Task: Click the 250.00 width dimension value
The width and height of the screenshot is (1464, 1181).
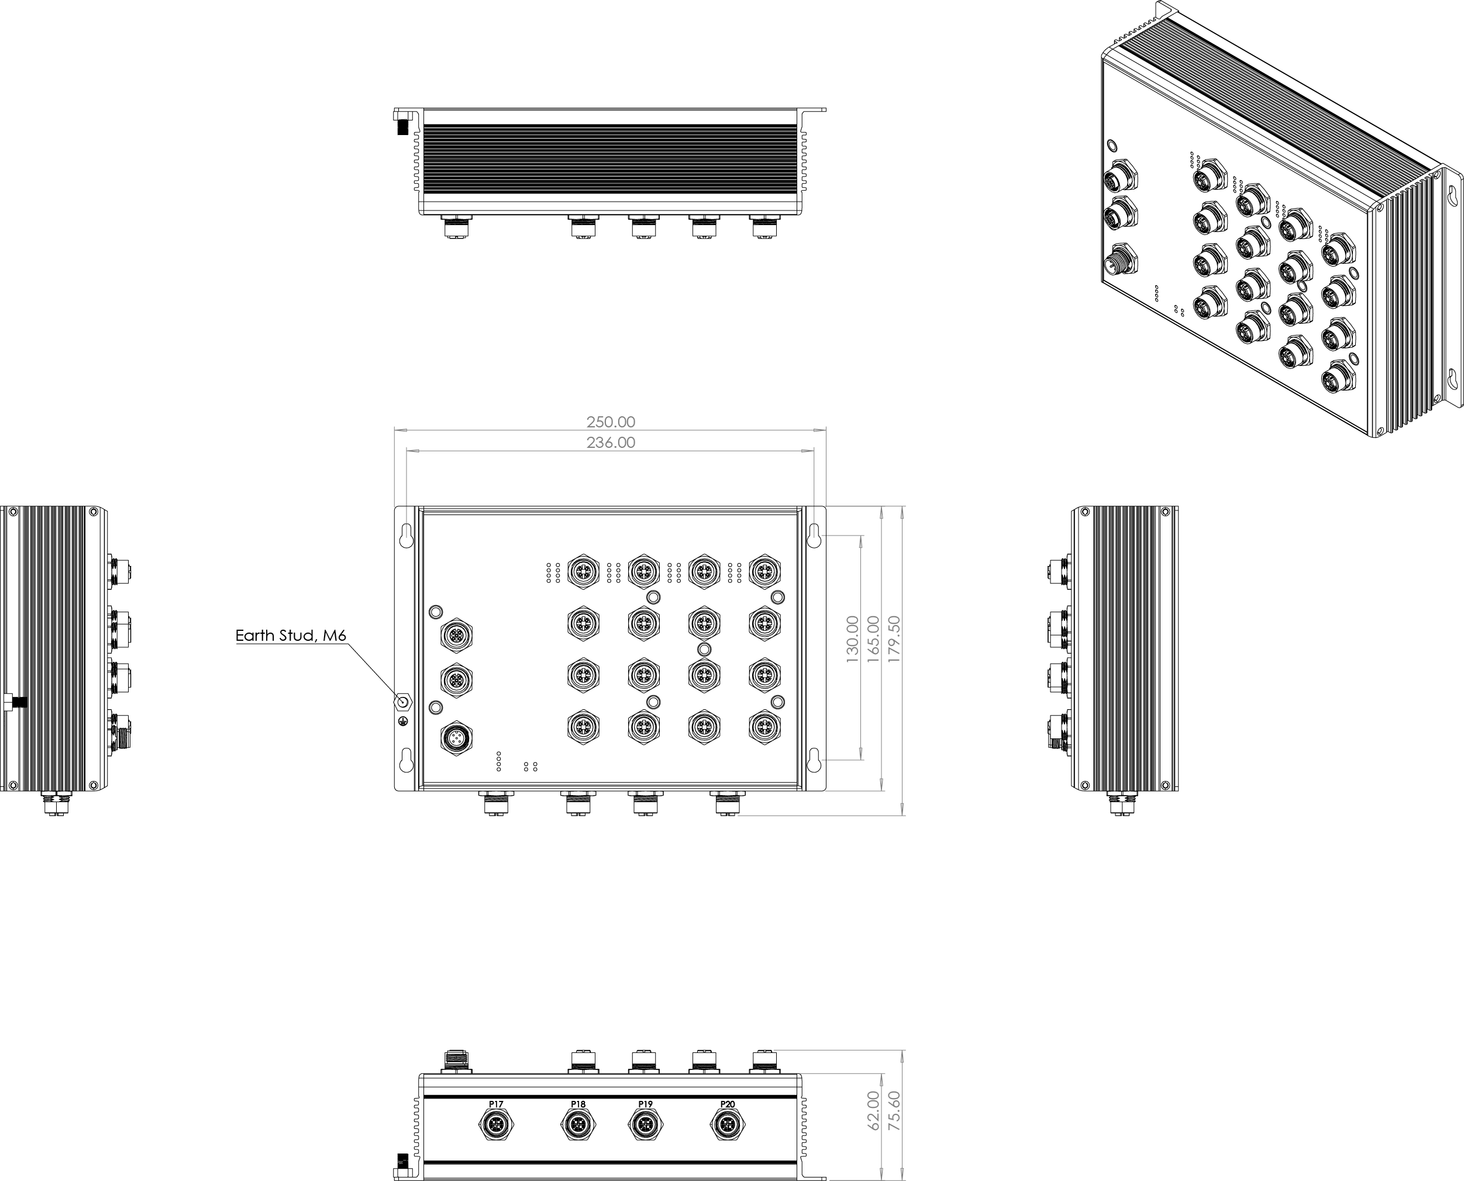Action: (611, 422)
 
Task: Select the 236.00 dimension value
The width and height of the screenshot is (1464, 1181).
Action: (611, 442)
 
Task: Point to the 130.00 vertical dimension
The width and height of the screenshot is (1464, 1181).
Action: (852, 640)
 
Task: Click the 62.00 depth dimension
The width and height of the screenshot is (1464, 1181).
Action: (874, 1110)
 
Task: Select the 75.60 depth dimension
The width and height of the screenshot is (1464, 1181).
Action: (895, 1110)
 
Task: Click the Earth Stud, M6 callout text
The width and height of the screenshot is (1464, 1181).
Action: (291, 636)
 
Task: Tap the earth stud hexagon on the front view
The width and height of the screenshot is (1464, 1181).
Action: (403, 702)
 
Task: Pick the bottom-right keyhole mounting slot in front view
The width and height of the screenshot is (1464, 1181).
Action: (814, 761)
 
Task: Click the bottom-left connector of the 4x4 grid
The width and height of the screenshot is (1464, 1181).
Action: (583, 727)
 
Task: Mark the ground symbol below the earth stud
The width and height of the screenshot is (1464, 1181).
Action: (403, 720)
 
